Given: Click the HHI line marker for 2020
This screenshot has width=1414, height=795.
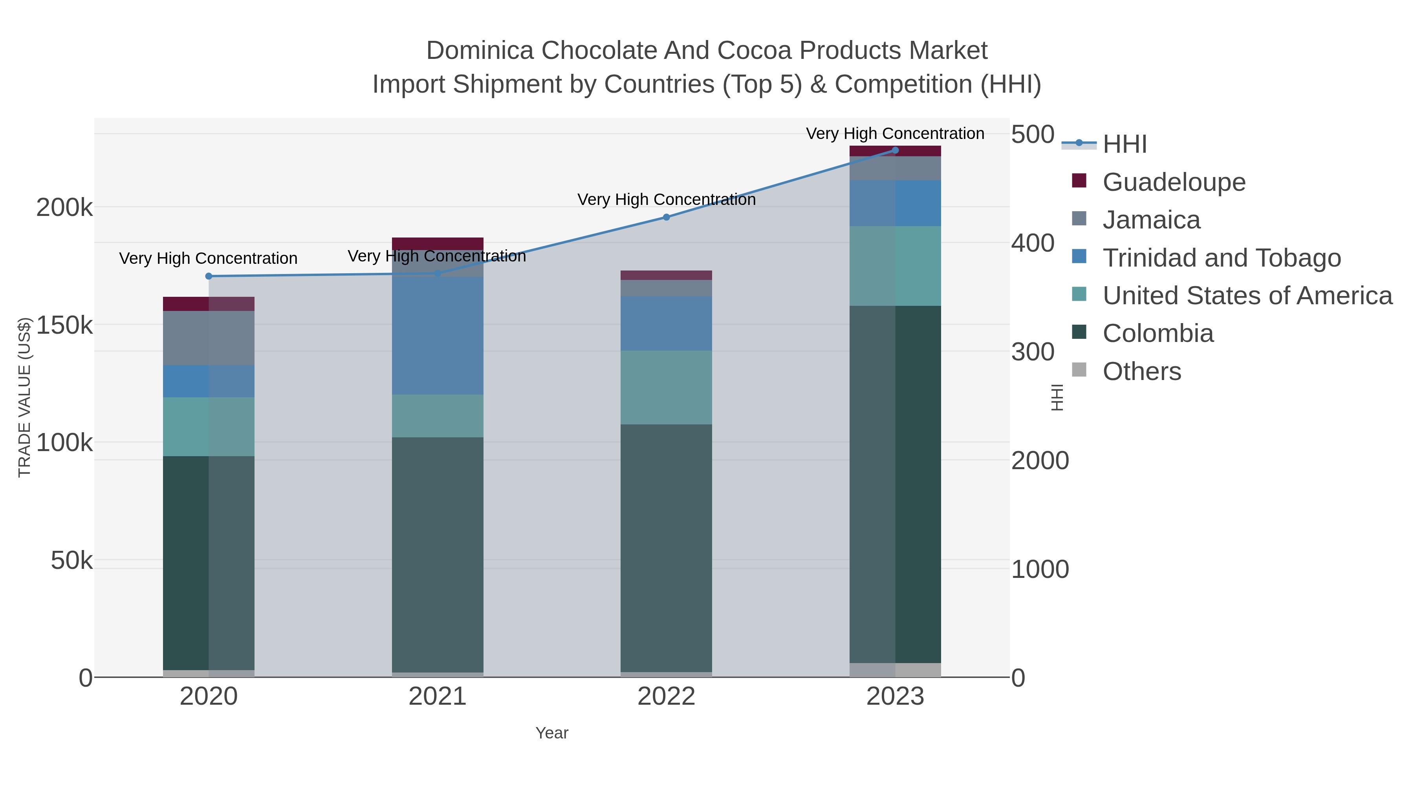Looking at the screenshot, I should tap(209, 276).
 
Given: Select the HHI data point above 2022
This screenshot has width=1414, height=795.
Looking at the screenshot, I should tap(667, 217).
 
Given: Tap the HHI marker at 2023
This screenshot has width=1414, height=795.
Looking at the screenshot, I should tap(895, 150).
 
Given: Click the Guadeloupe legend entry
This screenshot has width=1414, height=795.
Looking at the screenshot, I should tap(1174, 182).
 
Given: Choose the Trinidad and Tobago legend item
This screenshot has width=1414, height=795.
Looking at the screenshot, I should tap(1221, 258).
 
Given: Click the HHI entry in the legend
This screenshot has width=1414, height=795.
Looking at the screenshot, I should tap(1124, 144).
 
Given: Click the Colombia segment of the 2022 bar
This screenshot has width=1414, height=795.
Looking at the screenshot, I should tap(667, 549).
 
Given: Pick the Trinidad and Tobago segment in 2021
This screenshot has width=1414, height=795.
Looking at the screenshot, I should tap(438, 336).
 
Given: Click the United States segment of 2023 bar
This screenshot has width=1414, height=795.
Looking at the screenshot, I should tap(895, 266).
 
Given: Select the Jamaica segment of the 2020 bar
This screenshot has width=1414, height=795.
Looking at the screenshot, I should tap(209, 338).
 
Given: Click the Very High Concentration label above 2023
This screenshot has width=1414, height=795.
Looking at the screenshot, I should tap(895, 134).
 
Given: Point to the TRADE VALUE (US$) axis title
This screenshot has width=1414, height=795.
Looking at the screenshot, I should tap(25, 397).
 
